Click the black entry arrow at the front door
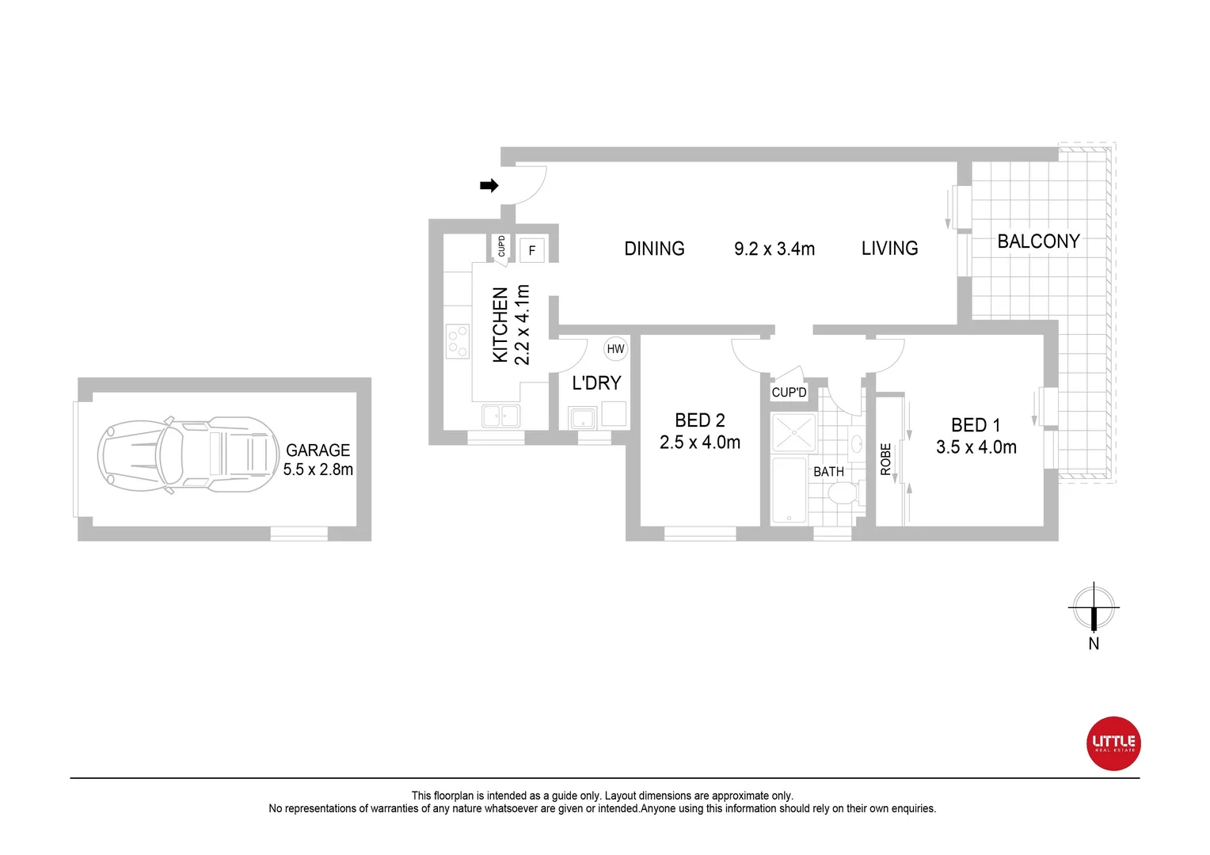[489, 186]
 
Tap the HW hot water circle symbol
[615, 348]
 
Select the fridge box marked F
[532, 250]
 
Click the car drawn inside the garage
[188, 455]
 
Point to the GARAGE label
[318, 450]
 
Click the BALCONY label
[1038, 241]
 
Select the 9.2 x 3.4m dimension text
[774, 249]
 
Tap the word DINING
[654, 249]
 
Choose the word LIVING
[889, 249]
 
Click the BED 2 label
[699, 420]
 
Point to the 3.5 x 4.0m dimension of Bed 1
[976, 447]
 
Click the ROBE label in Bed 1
[886, 459]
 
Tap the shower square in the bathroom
[793, 432]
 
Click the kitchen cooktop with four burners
[457, 341]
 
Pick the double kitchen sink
[500, 415]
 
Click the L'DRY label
[596, 383]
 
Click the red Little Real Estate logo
[1113, 743]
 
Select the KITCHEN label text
[500, 325]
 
